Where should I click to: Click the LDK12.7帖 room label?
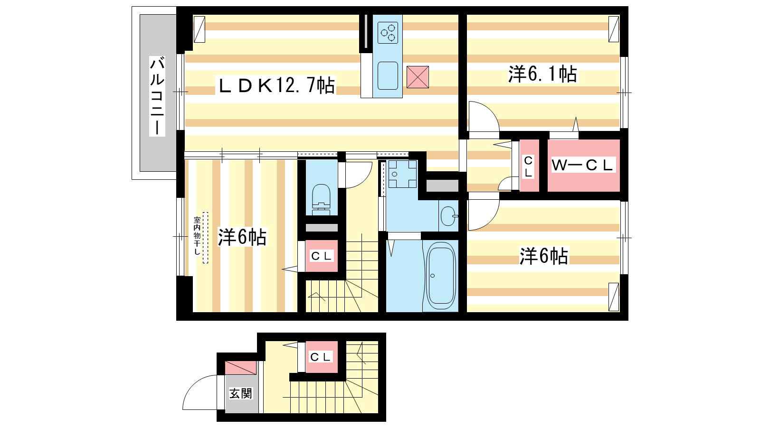click(x=276, y=85)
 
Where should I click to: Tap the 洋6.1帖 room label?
click(x=542, y=74)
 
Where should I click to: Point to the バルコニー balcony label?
click(x=157, y=97)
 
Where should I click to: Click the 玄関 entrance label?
click(x=240, y=393)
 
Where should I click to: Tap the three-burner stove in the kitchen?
click(x=388, y=33)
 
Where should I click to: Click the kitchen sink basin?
click(x=388, y=75)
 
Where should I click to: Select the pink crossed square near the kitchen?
click(x=418, y=77)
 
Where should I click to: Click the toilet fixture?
click(x=321, y=200)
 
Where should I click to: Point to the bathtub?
click(x=440, y=276)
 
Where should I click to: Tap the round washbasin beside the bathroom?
click(x=448, y=216)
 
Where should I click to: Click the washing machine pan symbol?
click(x=403, y=174)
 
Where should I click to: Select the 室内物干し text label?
click(x=197, y=236)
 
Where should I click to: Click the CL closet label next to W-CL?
click(x=528, y=167)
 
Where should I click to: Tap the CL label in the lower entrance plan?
click(x=321, y=357)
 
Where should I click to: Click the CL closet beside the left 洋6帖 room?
click(x=321, y=256)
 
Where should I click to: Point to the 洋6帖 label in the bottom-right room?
click(x=543, y=256)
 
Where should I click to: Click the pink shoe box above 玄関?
click(x=240, y=368)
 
